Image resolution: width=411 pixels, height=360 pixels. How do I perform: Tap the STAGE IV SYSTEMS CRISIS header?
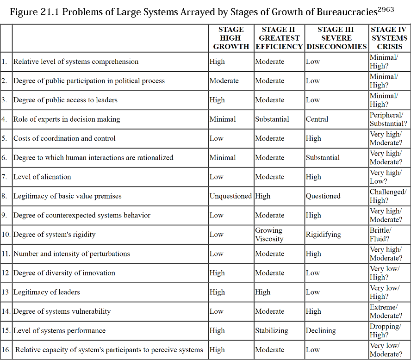point(389,38)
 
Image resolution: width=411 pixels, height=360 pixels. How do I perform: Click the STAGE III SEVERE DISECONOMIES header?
point(336,38)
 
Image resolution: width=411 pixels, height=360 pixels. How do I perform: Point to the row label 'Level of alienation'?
point(42,177)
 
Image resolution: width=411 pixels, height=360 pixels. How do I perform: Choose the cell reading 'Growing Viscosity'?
point(269,235)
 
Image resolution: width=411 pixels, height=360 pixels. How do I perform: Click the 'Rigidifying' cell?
point(323,235)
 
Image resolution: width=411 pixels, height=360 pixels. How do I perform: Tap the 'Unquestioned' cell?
point(230,196)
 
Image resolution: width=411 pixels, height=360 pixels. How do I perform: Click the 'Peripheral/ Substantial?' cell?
point(388,119)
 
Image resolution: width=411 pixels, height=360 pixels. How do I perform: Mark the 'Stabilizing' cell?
point(272,331)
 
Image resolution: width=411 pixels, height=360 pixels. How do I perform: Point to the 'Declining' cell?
point(321,331)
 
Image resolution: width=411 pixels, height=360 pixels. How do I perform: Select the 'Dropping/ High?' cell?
point(385,331)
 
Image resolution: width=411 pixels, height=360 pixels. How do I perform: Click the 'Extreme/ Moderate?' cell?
point(386,311)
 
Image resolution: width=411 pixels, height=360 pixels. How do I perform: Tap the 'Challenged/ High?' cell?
point(388,196)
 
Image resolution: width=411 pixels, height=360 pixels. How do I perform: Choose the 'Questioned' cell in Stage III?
point(323,196)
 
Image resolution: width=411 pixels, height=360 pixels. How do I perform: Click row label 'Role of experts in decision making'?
point(67,119)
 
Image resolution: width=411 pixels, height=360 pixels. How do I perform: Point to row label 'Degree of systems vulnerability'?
point(62,311)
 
